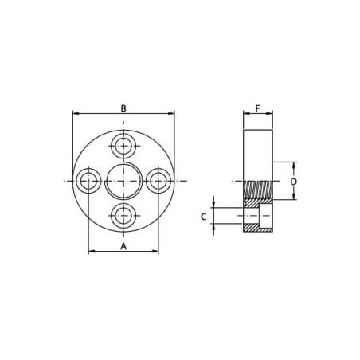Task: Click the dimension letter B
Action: (x=123, y=108)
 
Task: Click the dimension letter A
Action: (x=123, y=246)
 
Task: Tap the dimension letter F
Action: (x=257, y=108)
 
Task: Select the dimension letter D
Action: (x=293, y=182)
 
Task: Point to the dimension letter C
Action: (x=203, y=217)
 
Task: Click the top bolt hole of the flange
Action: (x=123, y=146)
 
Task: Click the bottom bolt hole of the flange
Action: (x=123, y=216)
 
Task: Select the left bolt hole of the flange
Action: (x=88, y=181)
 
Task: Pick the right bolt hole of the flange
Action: (x=158, y=181)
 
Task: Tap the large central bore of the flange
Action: (x=123, y=182)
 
